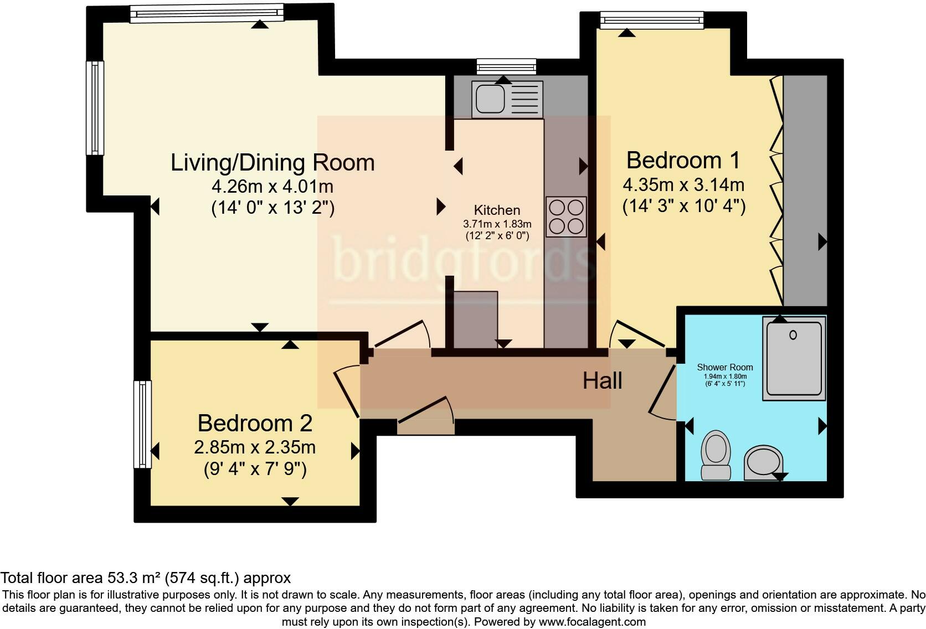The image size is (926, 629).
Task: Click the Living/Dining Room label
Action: point(272,162)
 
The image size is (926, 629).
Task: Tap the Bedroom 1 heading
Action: point(683,161)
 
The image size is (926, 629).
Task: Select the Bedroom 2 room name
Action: point(255,423)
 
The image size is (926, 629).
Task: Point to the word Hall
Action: point(603,380)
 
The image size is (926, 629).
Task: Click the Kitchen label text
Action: point(497,210)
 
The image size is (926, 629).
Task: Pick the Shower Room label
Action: point(724,367)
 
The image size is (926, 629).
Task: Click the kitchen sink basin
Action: point(490,99)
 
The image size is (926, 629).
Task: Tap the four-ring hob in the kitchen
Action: point(566,216)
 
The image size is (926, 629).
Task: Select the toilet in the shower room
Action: point(716,455)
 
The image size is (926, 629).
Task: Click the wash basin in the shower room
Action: point(763,462)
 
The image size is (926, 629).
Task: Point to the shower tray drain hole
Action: point(793,335)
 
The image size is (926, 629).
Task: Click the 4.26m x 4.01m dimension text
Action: point(272,187)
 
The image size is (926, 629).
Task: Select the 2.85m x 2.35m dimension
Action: point(255,447)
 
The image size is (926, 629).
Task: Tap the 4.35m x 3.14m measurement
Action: point(683,185)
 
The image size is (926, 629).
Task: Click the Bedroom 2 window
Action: point(143,424)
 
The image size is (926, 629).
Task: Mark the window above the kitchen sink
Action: point(506,66)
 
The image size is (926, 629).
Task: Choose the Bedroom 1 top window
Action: point(651,20)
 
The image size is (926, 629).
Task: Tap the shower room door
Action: point(662,394)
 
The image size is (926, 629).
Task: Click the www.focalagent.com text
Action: point(592,622)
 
